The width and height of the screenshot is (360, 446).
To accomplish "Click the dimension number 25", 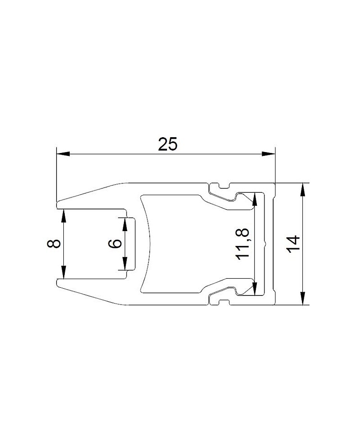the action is pos(168,144).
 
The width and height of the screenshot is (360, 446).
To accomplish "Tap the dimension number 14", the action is pos(293,244).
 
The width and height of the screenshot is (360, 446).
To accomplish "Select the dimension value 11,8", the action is pos(243,244).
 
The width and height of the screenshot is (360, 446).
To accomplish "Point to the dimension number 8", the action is pos(53,244).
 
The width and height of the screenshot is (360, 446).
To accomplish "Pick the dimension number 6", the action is pos(115,244).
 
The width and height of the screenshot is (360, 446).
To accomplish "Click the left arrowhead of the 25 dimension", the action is pos(63,154).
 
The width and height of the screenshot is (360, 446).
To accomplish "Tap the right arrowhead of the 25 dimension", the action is pos(269,154).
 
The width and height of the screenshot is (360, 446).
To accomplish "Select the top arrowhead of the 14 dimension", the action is pos(303,189).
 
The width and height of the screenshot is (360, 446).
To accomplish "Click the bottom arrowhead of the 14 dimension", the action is pos(303,298).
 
